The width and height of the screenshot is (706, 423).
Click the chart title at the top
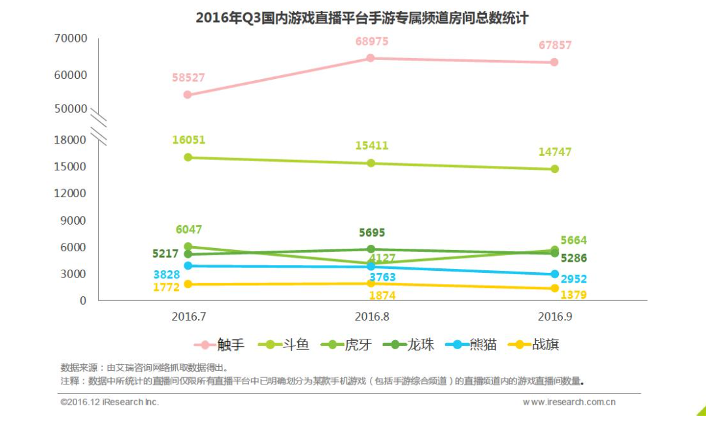tap(361, 18)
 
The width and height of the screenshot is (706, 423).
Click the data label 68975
tap(372, 41)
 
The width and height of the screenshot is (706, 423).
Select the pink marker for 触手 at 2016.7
tap(188, 95)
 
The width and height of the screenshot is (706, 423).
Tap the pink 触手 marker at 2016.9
tap(554, 62)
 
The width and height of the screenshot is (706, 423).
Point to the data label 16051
tap(189, 140)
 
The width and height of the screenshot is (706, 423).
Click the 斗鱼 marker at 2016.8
tap(371, 163)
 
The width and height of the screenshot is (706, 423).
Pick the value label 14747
tap(555, 152)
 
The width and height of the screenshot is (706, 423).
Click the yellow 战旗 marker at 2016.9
tap(554, 288)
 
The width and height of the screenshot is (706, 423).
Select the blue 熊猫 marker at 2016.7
tap(188, 266)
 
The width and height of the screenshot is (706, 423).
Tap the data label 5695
tap(372, 232)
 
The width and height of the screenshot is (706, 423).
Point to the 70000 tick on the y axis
tap(70, 39)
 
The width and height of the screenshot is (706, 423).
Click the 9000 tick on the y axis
tap(74, 221)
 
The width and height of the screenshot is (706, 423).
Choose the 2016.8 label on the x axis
tap(372, 317)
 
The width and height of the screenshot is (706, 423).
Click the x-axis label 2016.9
tap(555, 317)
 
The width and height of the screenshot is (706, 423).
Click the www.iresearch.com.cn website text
tap(569, 402)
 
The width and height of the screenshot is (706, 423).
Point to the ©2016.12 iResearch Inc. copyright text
tap(109, 402)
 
